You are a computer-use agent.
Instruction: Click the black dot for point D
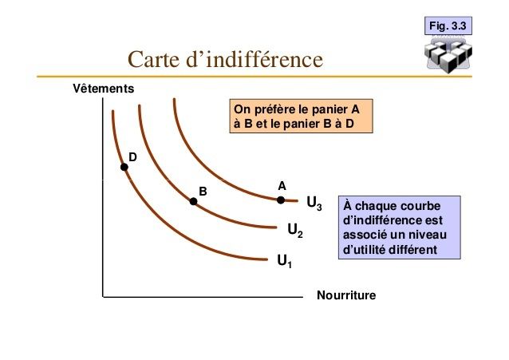point(124,167)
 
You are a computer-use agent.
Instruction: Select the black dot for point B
point(193,201)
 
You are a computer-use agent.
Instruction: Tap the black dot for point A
point(281,200)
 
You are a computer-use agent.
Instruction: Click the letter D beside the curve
point(132,157)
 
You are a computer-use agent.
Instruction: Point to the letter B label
point(203,192)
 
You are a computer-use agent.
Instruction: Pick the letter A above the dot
point(282,186)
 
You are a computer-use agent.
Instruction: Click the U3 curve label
point(314,204)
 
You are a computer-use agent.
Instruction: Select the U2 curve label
point(295,231)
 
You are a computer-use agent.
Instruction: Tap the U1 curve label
point(284,261)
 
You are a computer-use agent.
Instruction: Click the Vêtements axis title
point(104,89)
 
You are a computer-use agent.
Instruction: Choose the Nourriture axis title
point(346,295)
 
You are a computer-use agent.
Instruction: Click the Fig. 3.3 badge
point(448,26)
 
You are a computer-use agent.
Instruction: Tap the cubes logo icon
point(448,54)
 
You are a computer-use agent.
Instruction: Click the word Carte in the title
point(153,59)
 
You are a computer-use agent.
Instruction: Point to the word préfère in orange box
point(281,109)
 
